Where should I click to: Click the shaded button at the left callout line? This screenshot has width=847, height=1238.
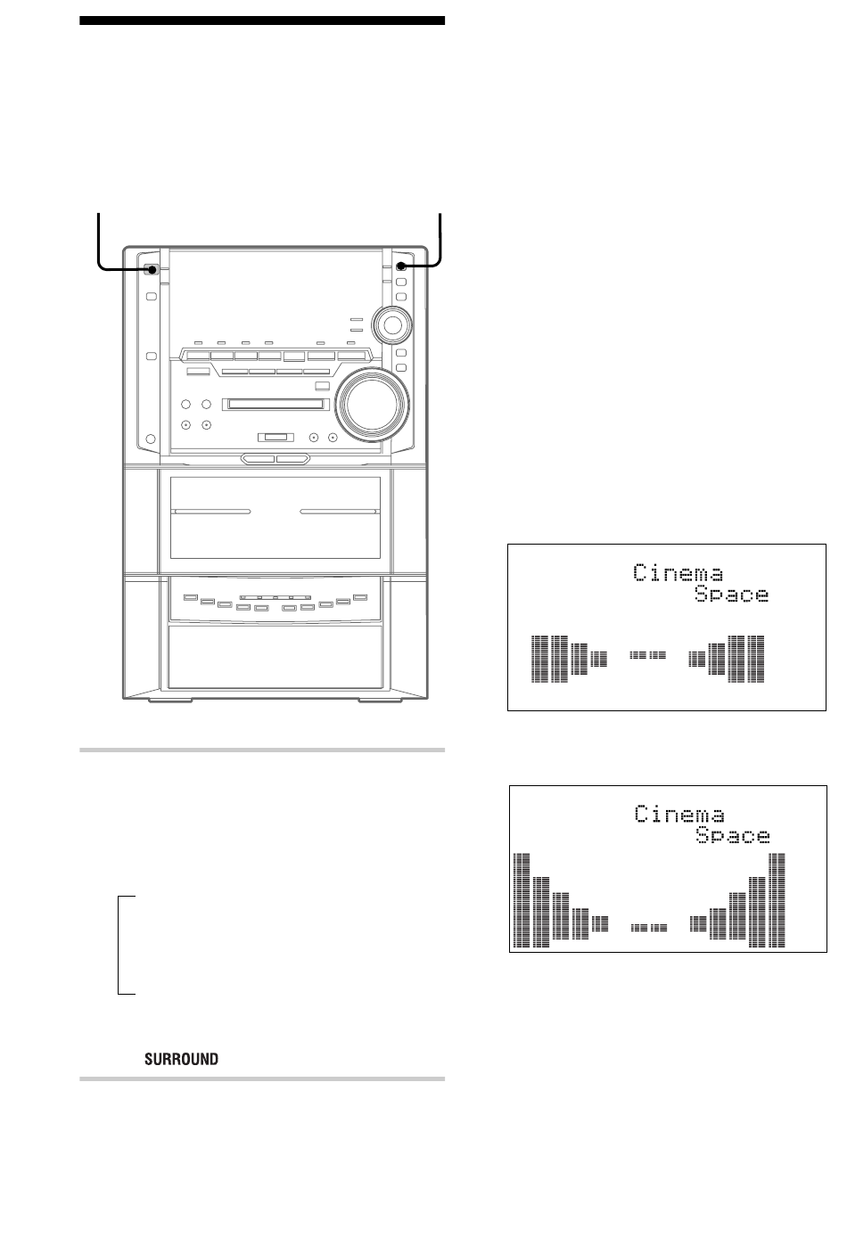[153, 270]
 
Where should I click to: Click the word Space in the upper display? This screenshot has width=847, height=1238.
[731, 594]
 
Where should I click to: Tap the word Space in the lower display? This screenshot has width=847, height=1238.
[732, 835]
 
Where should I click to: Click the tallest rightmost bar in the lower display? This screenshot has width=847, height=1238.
[777, 899]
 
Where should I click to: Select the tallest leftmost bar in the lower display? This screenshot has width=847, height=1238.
[522, 899]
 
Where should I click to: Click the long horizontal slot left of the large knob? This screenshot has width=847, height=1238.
[275, 405]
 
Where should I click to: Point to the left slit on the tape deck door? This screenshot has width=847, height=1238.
[212, 512]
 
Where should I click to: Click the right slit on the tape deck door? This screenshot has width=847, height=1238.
[339, 512]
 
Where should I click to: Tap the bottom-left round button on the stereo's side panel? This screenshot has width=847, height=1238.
[150, 439]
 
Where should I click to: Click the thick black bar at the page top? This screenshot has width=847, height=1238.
[261, 20]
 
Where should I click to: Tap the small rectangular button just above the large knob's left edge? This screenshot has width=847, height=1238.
[322, 385]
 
